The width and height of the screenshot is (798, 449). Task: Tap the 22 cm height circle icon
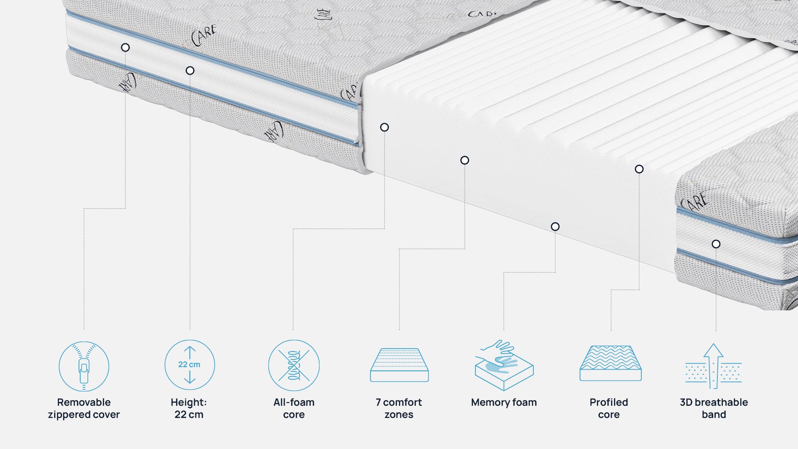click(189, 365)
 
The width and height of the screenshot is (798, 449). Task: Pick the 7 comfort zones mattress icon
click(399, 365)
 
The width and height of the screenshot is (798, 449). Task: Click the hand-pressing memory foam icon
click(504, 365)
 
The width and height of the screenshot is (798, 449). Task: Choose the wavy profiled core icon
click(610, 364)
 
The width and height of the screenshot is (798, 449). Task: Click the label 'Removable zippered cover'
click(84, 408)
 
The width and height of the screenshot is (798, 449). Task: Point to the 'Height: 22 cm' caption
click(189, 408)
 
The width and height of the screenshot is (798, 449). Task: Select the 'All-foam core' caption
click(294, 408)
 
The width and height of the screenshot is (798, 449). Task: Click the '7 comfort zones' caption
click(399, 408)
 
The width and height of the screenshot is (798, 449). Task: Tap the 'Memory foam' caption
click(504, 402)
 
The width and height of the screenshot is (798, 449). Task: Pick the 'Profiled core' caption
click(609, 408)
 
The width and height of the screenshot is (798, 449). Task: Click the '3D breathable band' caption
click(714, 408)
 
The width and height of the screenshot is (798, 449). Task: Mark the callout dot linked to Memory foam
click(555, 227)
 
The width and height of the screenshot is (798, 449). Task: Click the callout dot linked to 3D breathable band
click(716, 244)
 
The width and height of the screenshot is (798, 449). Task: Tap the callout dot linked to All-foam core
click(384, 127)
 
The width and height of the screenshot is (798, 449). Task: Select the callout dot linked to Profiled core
click(639, 169)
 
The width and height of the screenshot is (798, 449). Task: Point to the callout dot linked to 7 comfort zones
click(465, 160)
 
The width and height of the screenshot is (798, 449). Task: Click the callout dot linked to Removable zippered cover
click(125, 47)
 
